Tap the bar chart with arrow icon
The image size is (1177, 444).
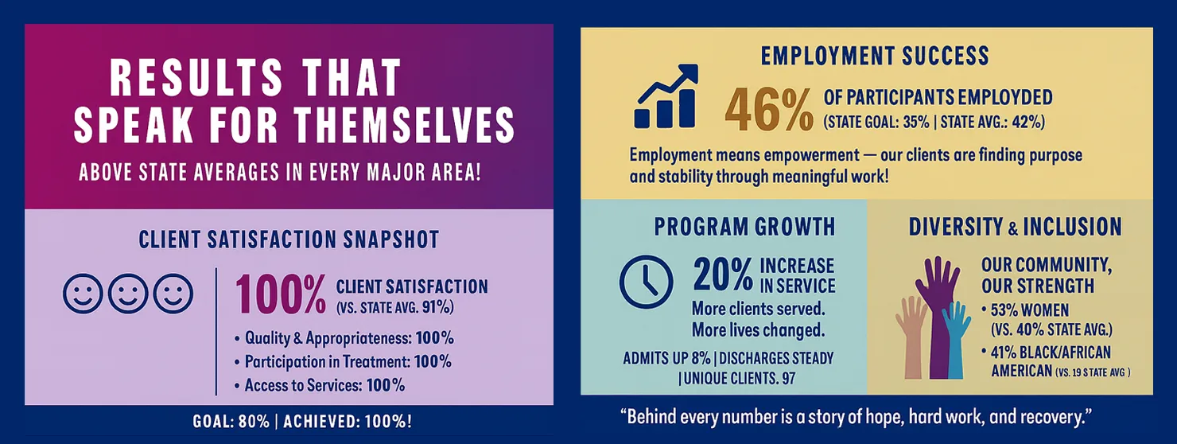pos(666,97)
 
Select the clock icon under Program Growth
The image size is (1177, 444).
pos(646,282)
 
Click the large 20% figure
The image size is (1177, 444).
pos(723,275)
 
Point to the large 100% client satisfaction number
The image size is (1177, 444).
pos(281,295)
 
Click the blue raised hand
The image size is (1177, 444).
pos(957,338)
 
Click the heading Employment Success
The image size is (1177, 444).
pos(875,56)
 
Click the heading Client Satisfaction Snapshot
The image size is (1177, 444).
pos(289,240)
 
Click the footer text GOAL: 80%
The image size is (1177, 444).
pos(231,421)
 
